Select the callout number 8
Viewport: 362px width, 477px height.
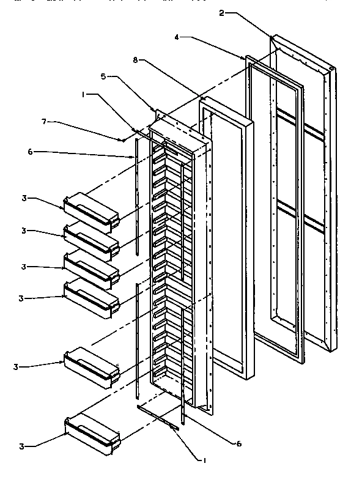(x=136, y=59)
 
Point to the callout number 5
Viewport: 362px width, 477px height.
(x=104, y=78)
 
